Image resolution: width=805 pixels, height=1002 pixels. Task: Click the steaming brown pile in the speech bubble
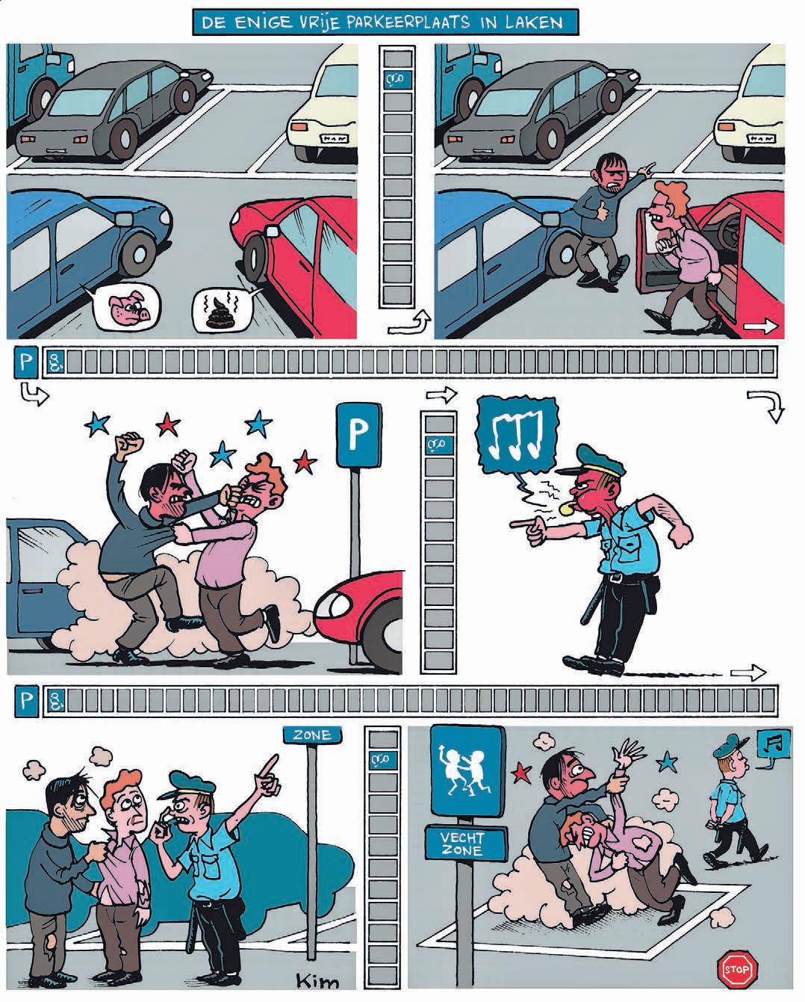(x=223, y=309)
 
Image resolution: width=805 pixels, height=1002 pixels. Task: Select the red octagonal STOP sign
(x=738, y=971)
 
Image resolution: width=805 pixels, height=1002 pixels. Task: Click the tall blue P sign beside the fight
(x=358, y=436)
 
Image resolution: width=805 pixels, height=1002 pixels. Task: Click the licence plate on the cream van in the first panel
(x=335, y=139)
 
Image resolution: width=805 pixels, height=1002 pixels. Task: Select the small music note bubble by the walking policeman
(x=774, y=745)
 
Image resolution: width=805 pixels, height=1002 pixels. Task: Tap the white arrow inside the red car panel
(x=759, y=327)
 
